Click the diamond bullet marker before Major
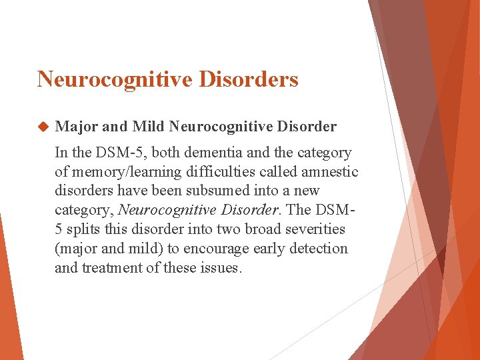click(44, 127)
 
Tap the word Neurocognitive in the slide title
click(113, 79)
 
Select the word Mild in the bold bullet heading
click(148, 127)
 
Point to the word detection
click(319, 249)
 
